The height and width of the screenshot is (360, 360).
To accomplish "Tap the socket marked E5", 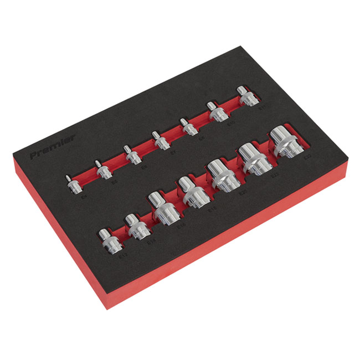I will coord(102,171).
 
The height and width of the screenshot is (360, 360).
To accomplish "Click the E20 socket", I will coord(222,174).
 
